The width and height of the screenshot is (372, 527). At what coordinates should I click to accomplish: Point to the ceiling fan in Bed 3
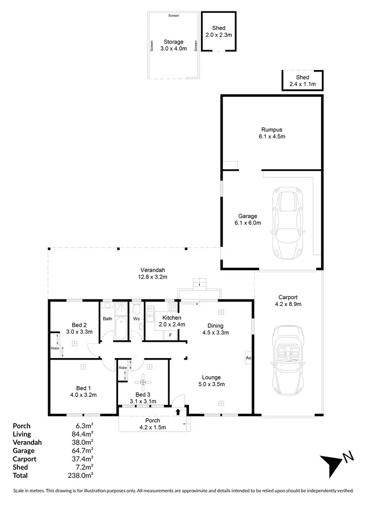tap(144, 381)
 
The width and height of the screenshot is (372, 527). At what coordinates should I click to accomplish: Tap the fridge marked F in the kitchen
tap(171, 335)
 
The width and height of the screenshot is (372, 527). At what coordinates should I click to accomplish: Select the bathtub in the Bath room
tap(120, 330)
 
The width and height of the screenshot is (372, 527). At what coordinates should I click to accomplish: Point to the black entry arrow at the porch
tap(178, 411)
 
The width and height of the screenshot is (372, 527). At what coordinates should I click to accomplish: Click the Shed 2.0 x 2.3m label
tap(219, 31)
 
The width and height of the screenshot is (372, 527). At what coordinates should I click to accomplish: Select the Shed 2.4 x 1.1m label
tap(303, 81)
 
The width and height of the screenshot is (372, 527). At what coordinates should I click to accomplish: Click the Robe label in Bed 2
tap(55, 348)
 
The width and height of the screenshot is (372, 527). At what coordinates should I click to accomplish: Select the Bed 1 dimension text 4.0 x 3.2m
tap(83, 395)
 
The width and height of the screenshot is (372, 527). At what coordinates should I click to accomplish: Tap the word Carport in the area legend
tap(24, 459)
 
